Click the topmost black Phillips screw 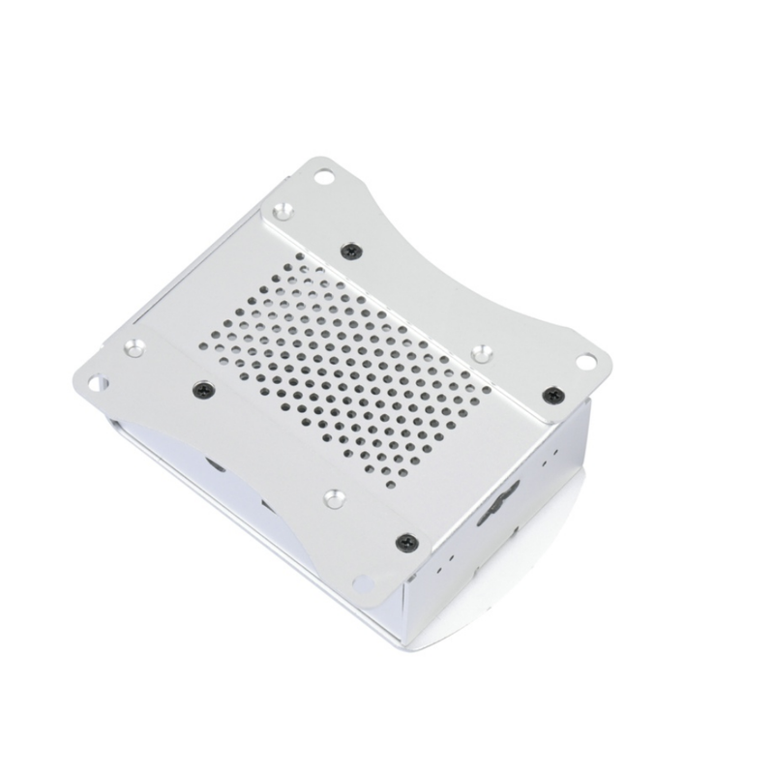pos(350,251)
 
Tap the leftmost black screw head pos(201,390)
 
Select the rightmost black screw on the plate pos(552,395)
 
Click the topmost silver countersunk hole pos(283,210)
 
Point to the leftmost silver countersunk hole pos(134,347)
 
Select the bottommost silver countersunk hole pos(334,497)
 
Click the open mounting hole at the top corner pos(324,177)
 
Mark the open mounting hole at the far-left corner pos(98,384)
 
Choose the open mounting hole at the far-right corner pos(586,362)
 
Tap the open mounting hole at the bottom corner pos(363,583)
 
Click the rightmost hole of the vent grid pos(487,391)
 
